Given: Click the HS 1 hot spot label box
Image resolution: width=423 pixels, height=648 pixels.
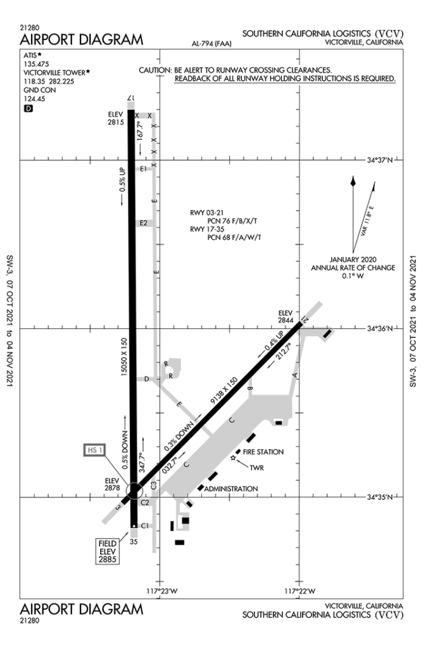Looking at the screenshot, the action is pyautogui.click(x=94, y=450).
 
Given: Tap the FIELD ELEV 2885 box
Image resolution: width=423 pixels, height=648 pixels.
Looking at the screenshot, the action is pyautogui.click(x=108, y=551).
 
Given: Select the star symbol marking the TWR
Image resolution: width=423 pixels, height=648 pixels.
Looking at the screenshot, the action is pyautogui.click(x=233, y=458).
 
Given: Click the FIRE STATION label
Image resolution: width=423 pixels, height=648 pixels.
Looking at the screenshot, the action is pyautogui.click(x=263, y=452).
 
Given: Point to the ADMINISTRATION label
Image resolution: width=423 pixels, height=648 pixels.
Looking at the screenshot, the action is pyautogui.click(x=231, y=489).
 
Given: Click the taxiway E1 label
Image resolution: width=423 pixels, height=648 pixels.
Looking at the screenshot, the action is pyautogui.click(x=143, y=168).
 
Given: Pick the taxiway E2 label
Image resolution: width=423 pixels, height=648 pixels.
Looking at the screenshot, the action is pyautogui.click(x=143, y=223).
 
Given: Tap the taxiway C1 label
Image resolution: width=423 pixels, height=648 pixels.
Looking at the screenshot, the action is pyautogui.click(x=145, y=526).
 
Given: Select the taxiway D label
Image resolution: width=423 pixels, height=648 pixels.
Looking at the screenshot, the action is pyautogui.click(x=146, y=379).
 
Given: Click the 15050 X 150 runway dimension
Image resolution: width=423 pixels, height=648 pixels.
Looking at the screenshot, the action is pyautogui.click(x=124, y=357).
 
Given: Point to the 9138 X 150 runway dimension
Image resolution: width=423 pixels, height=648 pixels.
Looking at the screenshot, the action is pyautogui.click(x=224, y=390).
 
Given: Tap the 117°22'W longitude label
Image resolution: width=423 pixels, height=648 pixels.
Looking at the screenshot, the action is pyautogui.click(x=300, y=591).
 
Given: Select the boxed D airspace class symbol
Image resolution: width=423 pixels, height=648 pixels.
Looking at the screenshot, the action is pyautogui.click(x=28, y=108).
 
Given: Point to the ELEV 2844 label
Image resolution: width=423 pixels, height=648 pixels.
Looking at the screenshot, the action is pyautogui.click(x=286, y=316).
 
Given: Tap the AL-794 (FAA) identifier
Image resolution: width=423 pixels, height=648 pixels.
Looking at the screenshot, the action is pyautogui.click(x=211, y=44).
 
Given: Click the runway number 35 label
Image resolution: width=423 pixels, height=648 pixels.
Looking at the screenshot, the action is pyautogui.click(x=134, y=542).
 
